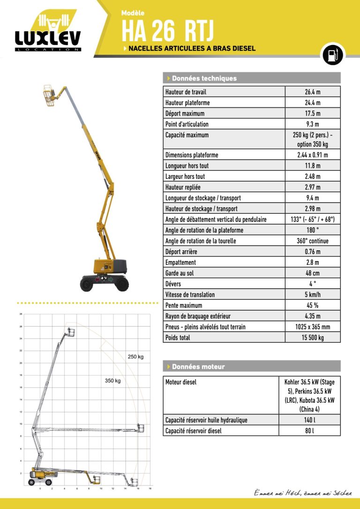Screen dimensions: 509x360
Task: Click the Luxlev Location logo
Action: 48,33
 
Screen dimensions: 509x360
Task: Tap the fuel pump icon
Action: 332,55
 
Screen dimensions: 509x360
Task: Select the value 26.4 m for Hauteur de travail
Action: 313,92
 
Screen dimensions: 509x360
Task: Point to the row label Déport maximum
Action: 185,113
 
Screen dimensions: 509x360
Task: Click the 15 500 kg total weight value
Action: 313,337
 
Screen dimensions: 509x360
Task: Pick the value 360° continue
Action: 313,241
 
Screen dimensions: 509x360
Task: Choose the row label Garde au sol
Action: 180,273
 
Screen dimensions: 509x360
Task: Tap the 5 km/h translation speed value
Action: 313,295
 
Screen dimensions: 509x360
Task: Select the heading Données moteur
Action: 198,367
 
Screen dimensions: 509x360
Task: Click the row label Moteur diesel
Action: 181,382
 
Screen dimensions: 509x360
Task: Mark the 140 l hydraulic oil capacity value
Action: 309,420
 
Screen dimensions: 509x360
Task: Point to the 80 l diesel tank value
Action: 309,431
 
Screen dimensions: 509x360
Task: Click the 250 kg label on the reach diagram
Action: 135,357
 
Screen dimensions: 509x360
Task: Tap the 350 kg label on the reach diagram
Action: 112,381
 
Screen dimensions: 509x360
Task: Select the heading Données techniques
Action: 204,78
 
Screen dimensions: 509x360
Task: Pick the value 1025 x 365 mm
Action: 313,327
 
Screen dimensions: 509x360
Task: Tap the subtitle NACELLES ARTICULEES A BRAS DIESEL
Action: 192,48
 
